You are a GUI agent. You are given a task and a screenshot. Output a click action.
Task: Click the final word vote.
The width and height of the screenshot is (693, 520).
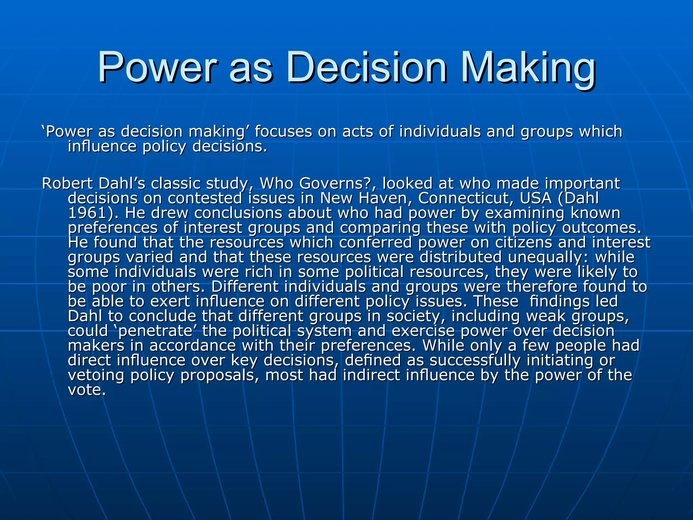87,390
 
